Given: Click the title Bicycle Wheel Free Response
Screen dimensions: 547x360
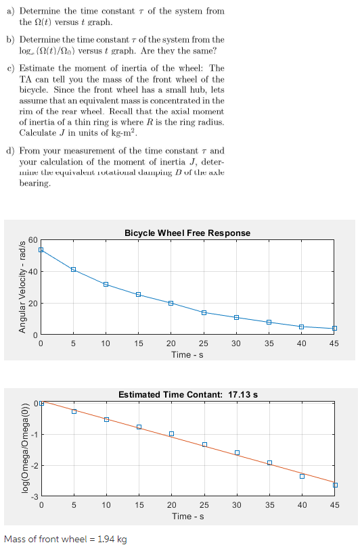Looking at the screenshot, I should pos(187,233).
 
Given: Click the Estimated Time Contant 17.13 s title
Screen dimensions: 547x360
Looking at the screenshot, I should pos(187,394).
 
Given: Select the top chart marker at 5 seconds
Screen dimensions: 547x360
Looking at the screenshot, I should pos(73,270).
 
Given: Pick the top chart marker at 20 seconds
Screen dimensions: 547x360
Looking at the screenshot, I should pos(171,303).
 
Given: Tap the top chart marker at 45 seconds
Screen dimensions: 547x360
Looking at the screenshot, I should pos(334,329).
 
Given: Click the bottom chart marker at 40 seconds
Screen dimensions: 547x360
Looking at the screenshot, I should pos(302,476).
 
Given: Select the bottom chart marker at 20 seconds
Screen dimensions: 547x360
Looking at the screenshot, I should pos(171,433).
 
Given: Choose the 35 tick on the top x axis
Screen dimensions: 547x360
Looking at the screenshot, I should pos(269,343).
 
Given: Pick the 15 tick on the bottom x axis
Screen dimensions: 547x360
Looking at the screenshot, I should pos(138,504).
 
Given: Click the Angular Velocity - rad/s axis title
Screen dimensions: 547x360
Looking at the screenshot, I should pos(20,287).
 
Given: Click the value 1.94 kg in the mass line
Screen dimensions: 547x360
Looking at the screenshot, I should pos(112,539).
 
